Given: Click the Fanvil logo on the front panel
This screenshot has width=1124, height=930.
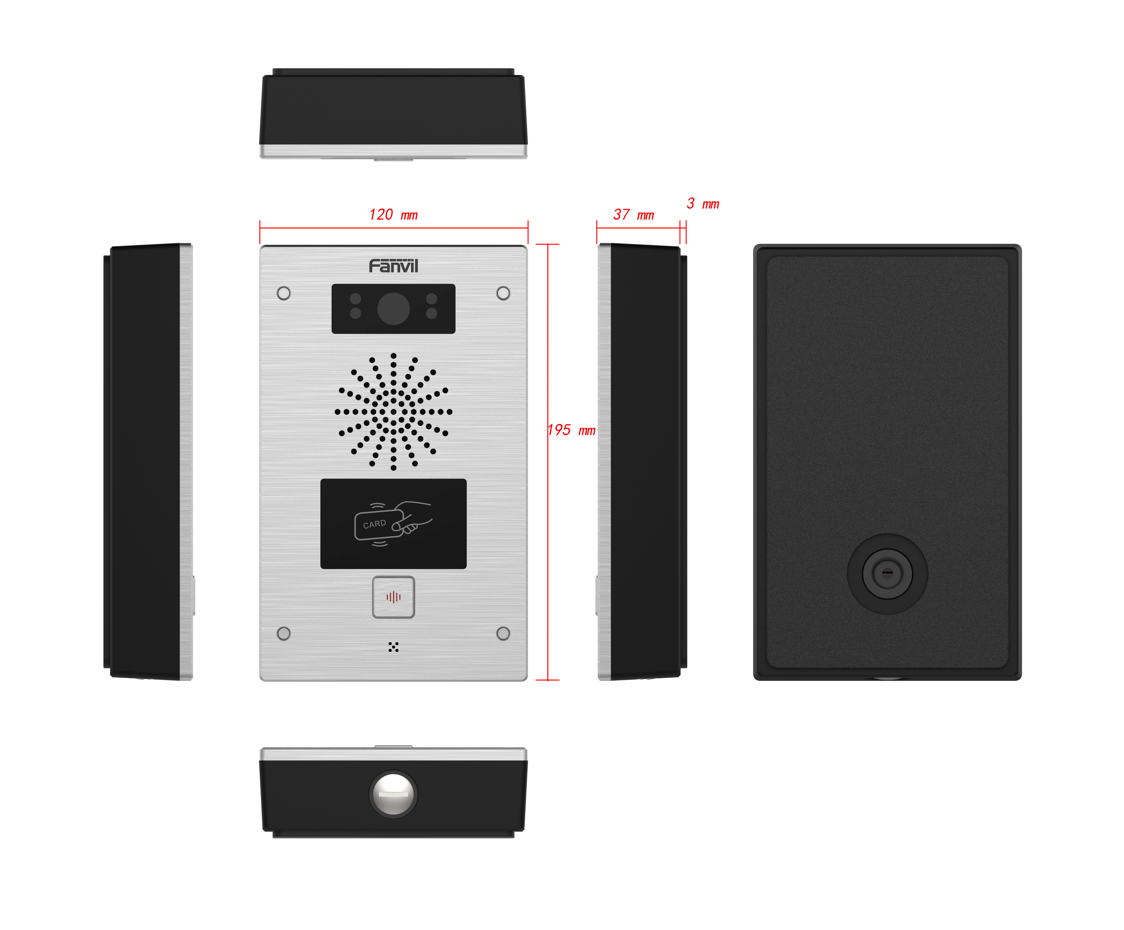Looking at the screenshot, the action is [x=393, y=266].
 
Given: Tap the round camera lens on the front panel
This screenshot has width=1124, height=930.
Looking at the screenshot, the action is [x=393, y=309].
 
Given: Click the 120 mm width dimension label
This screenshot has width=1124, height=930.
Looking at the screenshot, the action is [x=393, y=215].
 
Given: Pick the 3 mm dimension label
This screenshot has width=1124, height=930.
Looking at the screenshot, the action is [x=703, y=203].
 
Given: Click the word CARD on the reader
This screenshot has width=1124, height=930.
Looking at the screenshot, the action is [x=374, y=524].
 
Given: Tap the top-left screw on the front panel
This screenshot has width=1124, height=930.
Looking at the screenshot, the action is [x=284, y=293].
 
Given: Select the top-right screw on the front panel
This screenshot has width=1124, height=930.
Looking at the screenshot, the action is [x=503, y=293].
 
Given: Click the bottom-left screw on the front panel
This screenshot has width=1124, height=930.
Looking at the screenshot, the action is [x=284, y=634].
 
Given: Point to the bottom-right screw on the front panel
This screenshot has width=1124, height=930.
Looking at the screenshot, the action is [x=503, y=634].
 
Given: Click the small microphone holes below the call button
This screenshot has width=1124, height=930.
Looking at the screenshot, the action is [x=393, y=647].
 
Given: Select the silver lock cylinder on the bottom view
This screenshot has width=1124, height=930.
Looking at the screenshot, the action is [x=393, y=794].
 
